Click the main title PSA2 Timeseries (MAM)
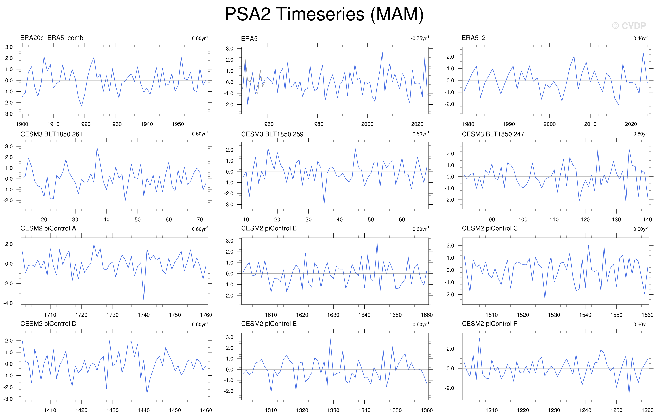pyautogui.click(x=324, y=14)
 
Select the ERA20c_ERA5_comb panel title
pyautogui.click(x=52, y=38)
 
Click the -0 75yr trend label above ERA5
pyautogui.click(x=420, y=38)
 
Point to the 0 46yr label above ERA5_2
pyautogui.click(x=641, y=38)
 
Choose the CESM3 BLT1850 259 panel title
pyautogui.click(x=272, y=134)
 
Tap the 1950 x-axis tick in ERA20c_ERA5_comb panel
pyautogui.click(x=178, y=124)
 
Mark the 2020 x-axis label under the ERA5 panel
pyautogui.click(x=417, y=124)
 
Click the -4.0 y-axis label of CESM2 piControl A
pyautogui.click(x=8, y=303)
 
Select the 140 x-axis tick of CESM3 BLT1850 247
pyautogui.click(x=648, y=220)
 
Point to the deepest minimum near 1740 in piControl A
pyautogui.click(x=144, y=300)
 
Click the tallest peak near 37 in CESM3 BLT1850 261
pyautogui.click(x=97, y=148)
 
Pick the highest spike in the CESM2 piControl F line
pyautogui.click(x=479, y=338)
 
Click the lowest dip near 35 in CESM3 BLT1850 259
pyautogui.click(x=324, y=204)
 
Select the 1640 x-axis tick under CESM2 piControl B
pyautogui.click(x=364, y=315)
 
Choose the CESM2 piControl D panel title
pyautogui.click(x=48, y=324)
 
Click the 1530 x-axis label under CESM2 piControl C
pyautogui.click(x=554, y=315)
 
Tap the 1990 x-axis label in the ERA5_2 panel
pyautogui.click(x=509, y=124)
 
